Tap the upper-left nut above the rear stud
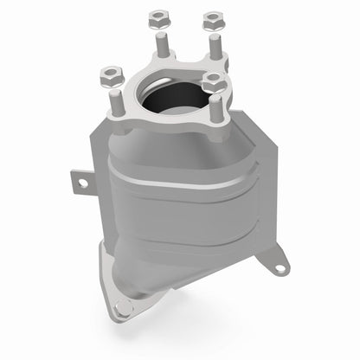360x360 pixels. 157,16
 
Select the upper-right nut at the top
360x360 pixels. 210,18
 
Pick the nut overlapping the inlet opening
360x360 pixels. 213,80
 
